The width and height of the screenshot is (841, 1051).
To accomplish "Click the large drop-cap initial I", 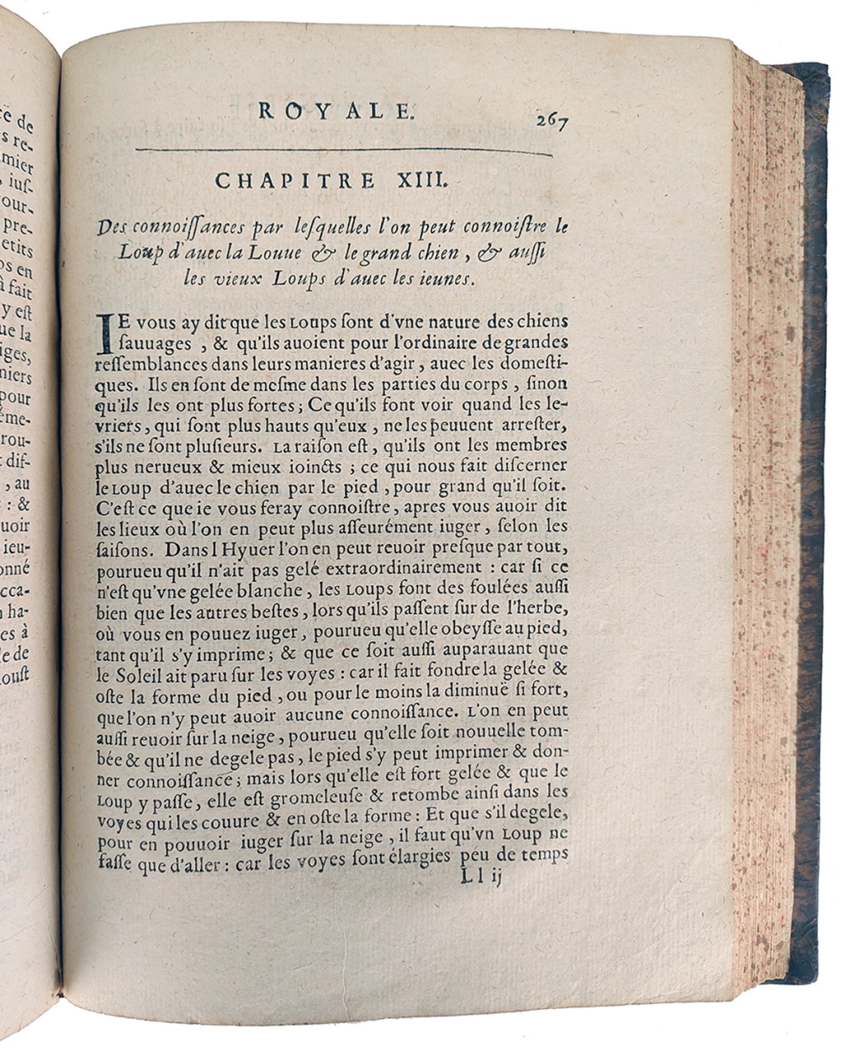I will (x=104, y=333).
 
